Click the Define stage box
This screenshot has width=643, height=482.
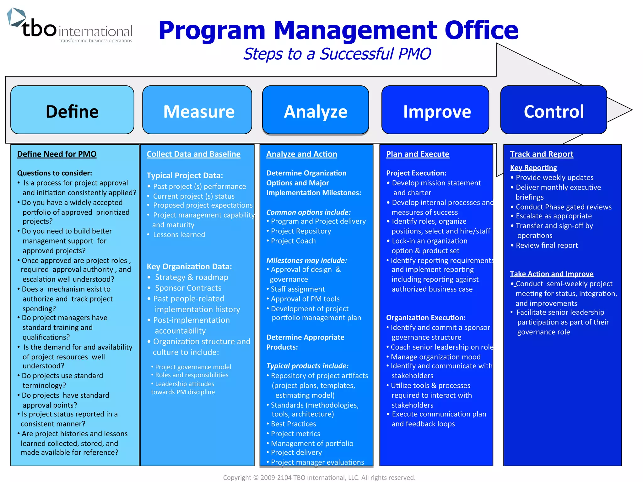pos(72,110)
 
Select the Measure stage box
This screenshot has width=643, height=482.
pos(197,110)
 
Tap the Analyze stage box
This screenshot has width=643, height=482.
pos(316,110)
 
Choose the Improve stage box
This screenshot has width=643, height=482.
pos(435,110)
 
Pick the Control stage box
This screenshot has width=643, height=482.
pos(554,110)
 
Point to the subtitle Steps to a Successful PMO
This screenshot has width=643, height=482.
pos(337,54)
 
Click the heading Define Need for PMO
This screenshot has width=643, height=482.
pos(57,154)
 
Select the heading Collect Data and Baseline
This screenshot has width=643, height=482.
pos(193,154)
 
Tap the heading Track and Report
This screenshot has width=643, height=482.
pos(542,154)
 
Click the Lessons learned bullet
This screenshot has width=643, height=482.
pos(179,235)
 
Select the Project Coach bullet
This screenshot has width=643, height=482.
pos(293,241)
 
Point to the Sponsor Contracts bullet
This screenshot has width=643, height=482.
pos(188,288)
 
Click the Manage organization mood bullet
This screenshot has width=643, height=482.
pos(435,357)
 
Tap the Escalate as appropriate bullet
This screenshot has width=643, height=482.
pos(554,216)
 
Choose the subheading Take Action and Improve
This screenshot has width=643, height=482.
pos(552,274)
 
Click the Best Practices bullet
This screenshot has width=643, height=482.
pos(293,424)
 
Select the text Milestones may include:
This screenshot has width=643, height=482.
pos(306,260)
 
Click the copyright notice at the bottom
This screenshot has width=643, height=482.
pos(319,478)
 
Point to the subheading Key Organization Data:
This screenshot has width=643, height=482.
pos(189,267)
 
